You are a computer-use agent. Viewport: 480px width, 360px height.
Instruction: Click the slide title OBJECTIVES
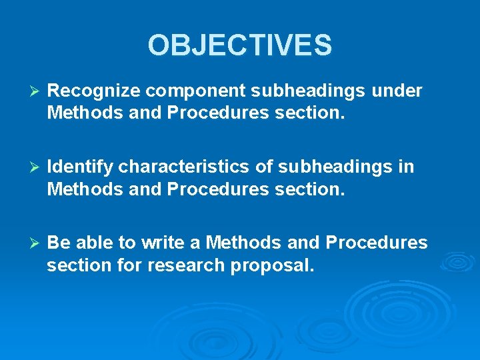[240, 45]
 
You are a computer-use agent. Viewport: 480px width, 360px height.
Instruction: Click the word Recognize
[96, 91]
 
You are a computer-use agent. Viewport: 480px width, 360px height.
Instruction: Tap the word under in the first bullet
[397, 91]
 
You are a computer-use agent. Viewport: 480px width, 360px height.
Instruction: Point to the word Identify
[80, 167]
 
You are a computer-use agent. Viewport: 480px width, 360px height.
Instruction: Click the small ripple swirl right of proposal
[457, 261]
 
